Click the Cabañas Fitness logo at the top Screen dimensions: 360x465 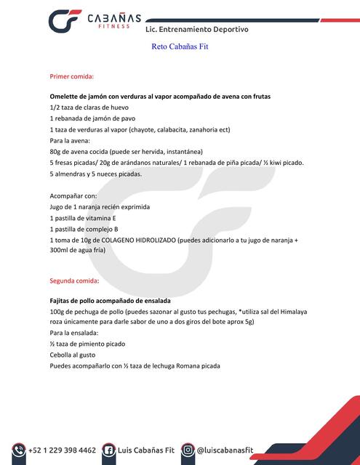click(91, 22)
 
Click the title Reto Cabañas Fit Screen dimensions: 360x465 click(180, 46)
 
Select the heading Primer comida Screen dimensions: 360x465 click(71, 76)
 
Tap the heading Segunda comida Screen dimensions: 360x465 click(74, 280)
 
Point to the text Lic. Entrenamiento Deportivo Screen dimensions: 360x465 click(197, 30)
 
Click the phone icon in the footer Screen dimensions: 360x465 click(17, 450)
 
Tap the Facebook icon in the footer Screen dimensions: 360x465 click(109, 450)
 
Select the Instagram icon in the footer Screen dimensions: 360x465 click(188, 450)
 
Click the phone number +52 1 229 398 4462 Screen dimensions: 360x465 click(62, 450)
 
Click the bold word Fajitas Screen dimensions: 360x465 click(63, 300)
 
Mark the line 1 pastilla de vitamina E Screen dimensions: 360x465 click(83, 217)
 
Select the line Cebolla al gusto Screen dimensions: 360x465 click(73, 355)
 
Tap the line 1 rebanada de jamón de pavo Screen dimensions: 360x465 click(92, 118)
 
